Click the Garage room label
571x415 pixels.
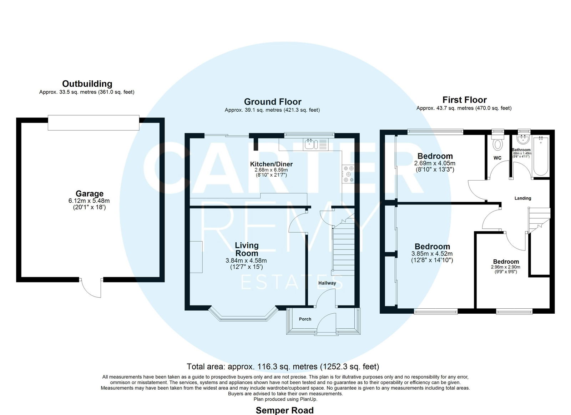(x=89, y=194)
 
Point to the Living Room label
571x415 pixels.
(x=246, y=249)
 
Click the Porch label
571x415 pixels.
(x=305, y=319)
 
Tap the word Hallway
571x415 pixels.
(x=327, y=283)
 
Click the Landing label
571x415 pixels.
(x=522, y=198)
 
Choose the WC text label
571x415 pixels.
(x=497, y=158)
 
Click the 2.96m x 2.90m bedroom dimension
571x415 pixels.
(x=505, y=267)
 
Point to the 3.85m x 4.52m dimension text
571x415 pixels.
(x=432, y=254)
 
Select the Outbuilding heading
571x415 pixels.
(x=87, y=83)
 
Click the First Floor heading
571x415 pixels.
(x=464, y=100)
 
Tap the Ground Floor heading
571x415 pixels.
(x=273, y=102)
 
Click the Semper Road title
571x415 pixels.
(x=284, y=410)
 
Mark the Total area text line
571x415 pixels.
(x=283, y=366)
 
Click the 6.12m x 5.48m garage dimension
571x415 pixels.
(x=89, y=201)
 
